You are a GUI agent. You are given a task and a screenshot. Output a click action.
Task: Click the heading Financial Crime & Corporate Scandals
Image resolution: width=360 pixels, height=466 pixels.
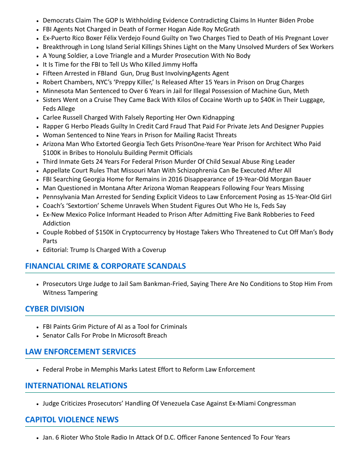point(105,266)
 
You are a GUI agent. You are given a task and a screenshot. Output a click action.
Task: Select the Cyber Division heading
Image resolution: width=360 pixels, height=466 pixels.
point(55,309)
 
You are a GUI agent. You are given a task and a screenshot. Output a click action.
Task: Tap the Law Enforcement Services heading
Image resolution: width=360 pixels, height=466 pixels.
point(80,352)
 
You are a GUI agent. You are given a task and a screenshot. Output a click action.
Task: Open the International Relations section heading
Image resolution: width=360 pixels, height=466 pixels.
point(76,386)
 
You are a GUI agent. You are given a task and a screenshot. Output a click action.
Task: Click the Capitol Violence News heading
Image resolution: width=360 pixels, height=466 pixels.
point(72,420)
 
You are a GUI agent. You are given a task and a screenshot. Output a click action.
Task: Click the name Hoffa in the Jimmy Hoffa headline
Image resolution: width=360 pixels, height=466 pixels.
point(189,64)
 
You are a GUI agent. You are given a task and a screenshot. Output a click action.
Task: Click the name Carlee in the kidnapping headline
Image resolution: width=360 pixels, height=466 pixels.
point(52,117)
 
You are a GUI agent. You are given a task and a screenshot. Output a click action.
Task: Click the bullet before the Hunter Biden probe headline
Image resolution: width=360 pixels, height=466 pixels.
point(38,21)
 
